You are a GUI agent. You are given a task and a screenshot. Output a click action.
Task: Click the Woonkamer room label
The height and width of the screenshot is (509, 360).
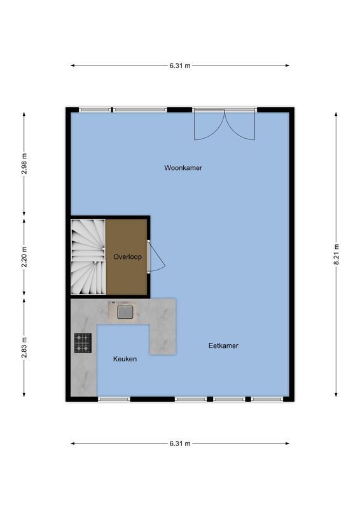(183, 168)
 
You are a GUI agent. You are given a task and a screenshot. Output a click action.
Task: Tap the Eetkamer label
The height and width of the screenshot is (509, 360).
(223, 345)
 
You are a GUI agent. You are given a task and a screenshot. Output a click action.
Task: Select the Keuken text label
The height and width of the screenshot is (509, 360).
(125, 359)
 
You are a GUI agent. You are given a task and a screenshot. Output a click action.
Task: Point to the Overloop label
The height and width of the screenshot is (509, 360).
(127, 257)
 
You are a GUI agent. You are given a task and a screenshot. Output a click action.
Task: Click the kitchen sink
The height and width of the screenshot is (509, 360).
(125, 312)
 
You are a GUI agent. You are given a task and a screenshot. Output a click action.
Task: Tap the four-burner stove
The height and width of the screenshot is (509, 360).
(83, 343)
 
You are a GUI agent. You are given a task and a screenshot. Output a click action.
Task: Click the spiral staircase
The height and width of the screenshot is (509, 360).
(88, 257)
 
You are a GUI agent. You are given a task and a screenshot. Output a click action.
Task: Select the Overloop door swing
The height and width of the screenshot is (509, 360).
(156, 257)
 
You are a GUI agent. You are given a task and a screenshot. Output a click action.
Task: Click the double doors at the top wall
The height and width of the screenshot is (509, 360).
(225, 124)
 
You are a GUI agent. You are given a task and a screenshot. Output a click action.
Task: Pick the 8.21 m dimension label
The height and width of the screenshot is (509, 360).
(336, 255)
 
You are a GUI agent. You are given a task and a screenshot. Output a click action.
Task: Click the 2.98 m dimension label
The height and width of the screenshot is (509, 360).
(24, 164)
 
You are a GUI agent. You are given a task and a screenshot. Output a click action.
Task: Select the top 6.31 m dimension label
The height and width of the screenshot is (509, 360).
(179, 65)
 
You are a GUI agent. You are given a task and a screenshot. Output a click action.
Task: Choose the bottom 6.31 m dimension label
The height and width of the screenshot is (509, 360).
(179, 443)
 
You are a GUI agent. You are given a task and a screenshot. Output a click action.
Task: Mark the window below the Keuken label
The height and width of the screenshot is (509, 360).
(114, 399)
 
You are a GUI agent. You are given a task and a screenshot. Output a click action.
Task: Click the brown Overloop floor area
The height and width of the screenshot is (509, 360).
(127, 274)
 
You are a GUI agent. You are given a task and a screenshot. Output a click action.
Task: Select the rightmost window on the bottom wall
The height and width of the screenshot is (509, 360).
(267, 399)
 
